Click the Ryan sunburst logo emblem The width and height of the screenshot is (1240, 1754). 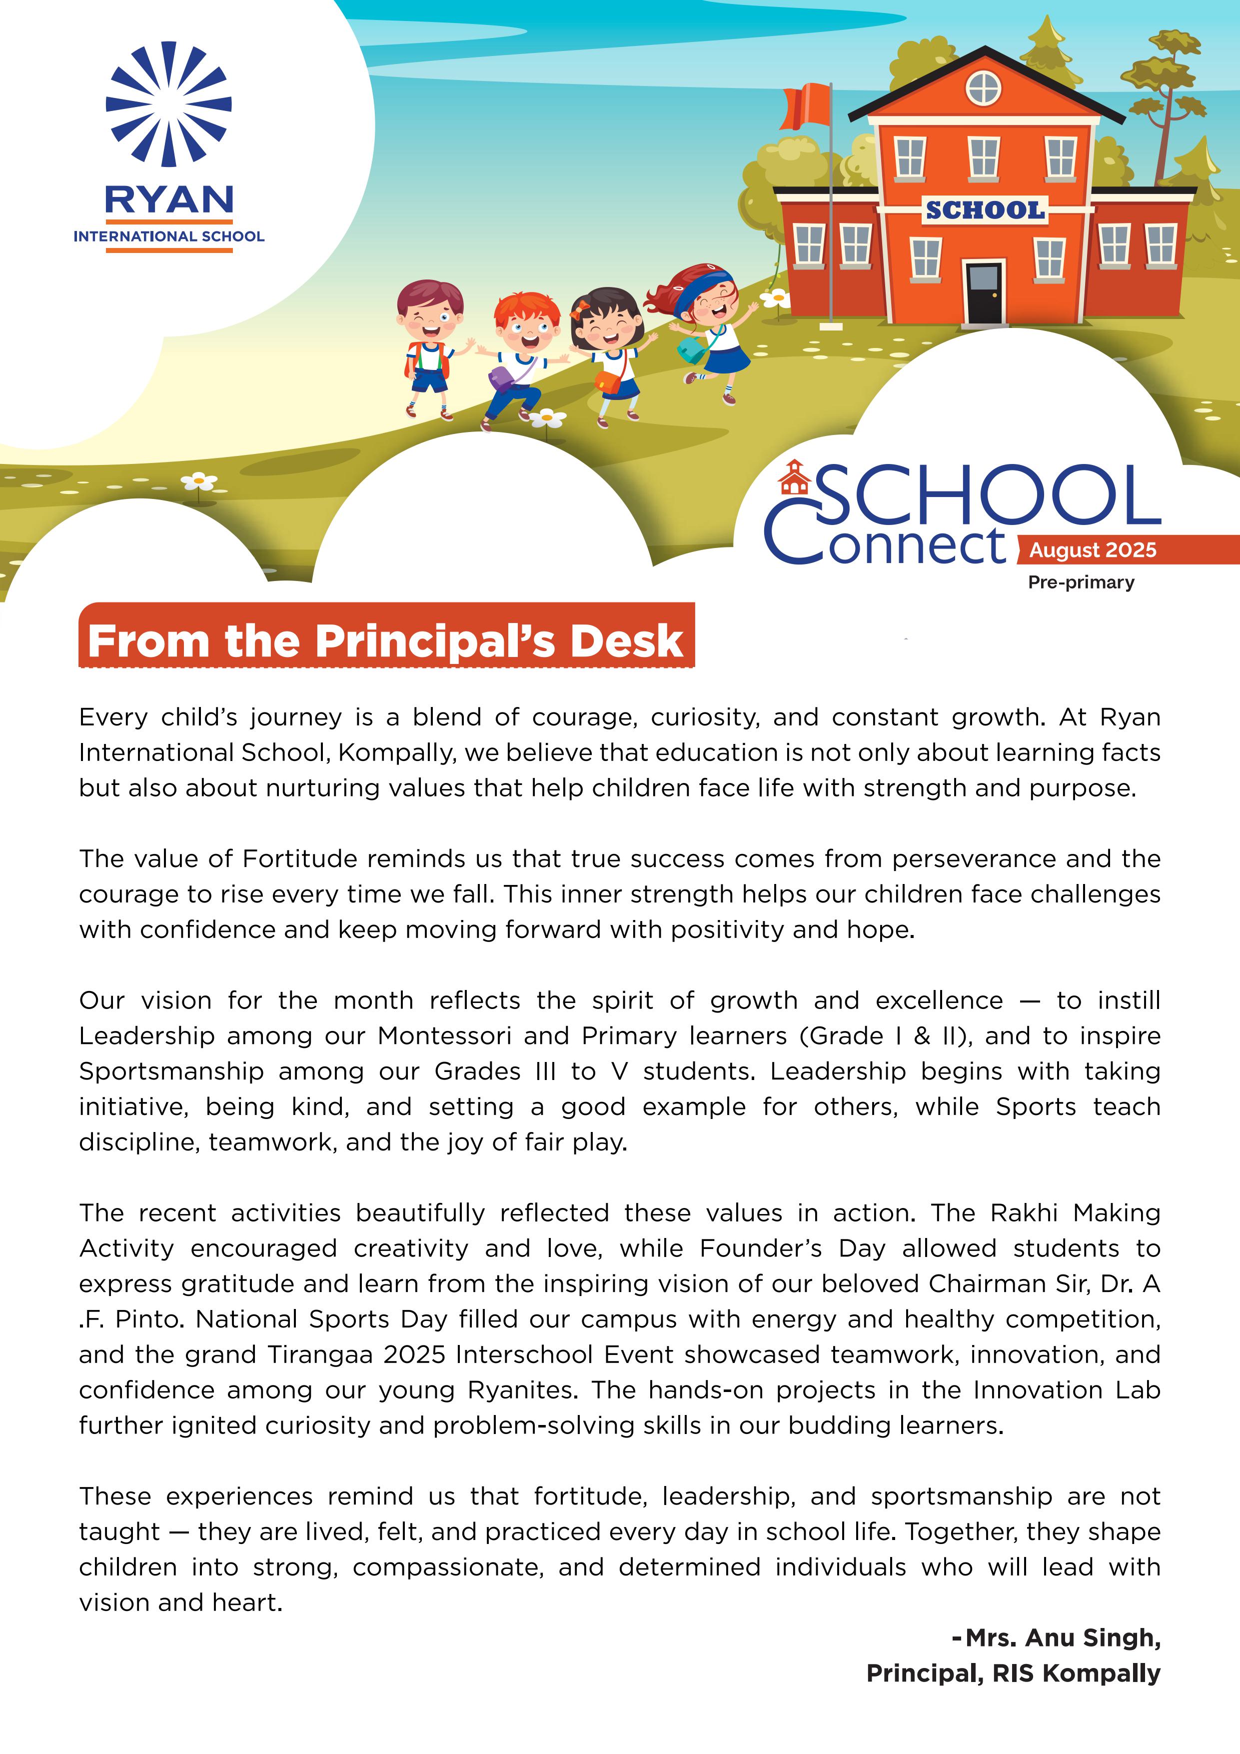tap(169, 104)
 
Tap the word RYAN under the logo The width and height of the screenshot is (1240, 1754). tap(169, 200)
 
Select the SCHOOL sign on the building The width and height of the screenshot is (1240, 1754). tap(985, 210)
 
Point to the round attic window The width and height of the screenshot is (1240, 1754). tap(984, 88)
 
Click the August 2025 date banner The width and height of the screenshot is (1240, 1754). tap(1093, 550)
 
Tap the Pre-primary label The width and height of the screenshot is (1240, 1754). tap(1081, 582)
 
